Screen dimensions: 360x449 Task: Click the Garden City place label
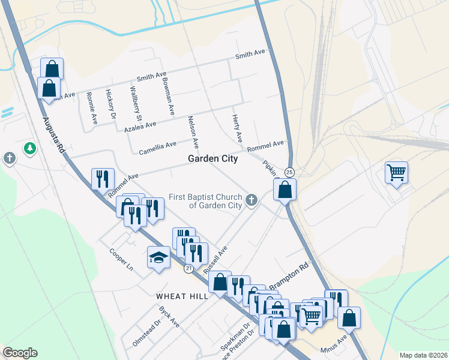click(x=212, y=159)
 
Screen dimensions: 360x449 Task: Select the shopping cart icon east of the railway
click(x=396, y=173)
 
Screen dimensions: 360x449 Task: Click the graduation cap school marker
click(x=158, y=258)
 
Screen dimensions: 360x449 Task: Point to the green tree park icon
click(x=29, y=148)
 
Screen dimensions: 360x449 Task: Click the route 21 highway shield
click(x=189, y=269)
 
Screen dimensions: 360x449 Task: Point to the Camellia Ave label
click(x=158, y=145)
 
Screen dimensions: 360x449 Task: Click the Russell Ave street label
click(x=216, y=260)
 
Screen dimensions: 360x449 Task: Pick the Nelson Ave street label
click(x=193, y=133)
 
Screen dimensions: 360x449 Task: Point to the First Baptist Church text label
click(x=205, y=201)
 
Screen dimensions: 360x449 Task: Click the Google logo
click(x=20, y=353)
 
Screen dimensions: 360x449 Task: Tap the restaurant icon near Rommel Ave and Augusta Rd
click(x=103, y=178)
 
